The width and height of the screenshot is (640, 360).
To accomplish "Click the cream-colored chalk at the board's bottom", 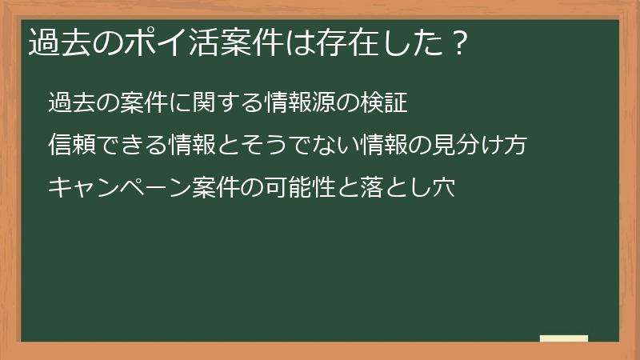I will pyautogui.click(x=564, y=338).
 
